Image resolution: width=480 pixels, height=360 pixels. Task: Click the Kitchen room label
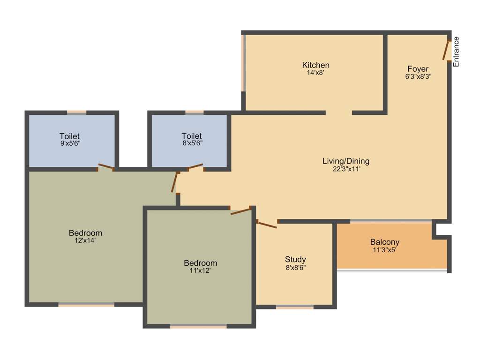(315, 65)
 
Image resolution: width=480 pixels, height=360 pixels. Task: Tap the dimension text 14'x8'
(315, 73)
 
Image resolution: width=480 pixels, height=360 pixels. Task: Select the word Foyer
(418, 69)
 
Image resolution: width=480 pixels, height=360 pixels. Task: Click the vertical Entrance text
(456, 51)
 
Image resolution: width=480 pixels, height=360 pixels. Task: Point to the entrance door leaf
(446, 49)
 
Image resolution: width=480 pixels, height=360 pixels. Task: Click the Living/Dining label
(346, 161)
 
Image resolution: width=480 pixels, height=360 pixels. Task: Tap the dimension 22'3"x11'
(346, 169)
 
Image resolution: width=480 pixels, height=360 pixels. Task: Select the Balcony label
(385, 242)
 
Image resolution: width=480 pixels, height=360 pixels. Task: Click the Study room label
(295, 259)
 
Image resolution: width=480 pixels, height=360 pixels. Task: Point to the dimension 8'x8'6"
(295, 267)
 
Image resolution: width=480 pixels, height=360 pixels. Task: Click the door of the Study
(267, 225)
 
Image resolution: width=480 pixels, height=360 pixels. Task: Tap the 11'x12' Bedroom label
(200, 263)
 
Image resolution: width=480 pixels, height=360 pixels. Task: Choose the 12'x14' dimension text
(85, 240)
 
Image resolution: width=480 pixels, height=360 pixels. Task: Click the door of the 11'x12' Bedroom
(240, 211)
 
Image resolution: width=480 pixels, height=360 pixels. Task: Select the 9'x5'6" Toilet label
(69, 136)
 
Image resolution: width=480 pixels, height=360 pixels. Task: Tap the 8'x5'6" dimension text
(192, 143)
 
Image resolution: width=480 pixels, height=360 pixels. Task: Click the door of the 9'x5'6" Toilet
(105, 166)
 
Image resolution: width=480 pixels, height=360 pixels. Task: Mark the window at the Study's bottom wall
(294, 307)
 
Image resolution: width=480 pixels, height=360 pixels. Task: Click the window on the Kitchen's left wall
(244, 63)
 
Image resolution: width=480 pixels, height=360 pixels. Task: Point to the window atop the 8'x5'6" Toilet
(194, 112)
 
